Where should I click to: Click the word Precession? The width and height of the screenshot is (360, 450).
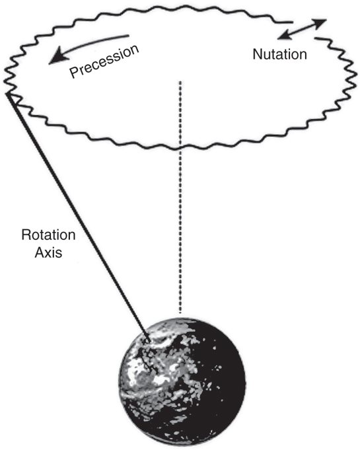(104, 61)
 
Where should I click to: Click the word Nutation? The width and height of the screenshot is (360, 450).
(279, 54)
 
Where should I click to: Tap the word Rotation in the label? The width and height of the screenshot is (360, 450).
(48, 235)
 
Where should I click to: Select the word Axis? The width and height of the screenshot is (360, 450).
(48, 253)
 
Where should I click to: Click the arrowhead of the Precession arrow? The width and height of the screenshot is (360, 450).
(57, 57)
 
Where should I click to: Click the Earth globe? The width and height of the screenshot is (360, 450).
(183, 383)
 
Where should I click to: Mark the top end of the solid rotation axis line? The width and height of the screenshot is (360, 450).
(8, 93)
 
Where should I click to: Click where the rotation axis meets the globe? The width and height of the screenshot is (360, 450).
(149, 340)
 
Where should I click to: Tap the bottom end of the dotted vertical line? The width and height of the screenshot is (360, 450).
(180, 312)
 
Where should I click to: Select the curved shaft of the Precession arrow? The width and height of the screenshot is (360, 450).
(94, 44)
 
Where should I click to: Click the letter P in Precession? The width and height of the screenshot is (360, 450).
(74, 72)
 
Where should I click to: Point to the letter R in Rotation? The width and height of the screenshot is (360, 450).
(27, 235)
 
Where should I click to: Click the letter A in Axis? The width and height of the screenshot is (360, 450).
(40, 253)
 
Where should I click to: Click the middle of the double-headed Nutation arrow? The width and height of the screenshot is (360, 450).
(302, 29)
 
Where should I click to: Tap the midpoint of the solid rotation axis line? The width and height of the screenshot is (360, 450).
(79, 217)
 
